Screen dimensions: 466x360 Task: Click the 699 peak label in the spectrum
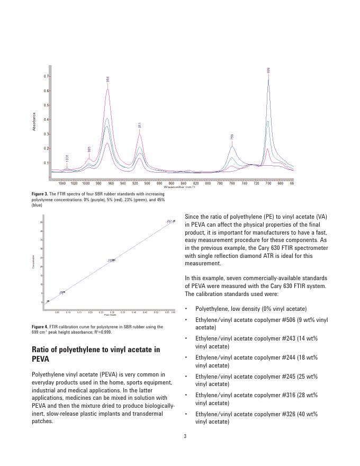click(268, 70)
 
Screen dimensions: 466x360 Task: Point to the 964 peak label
click(108, 79)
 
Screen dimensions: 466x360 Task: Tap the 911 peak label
click(140, 126)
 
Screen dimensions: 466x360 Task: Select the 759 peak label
click(232, 137)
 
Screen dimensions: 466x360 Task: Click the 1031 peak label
click(67, 158)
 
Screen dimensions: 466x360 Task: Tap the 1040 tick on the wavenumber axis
click(62, 183)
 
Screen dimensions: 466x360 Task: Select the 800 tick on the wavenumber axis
click(208, 183)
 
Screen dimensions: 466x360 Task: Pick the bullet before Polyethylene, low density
click(186, 309)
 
